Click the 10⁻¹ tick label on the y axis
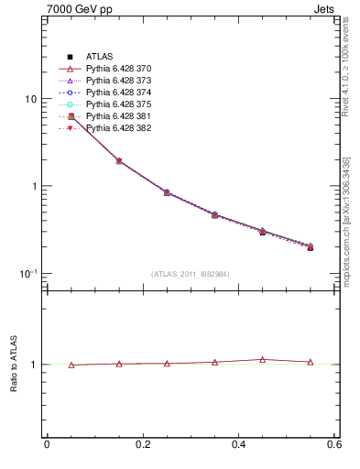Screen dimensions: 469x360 point(27,274)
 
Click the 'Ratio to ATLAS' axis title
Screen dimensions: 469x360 point(12,364)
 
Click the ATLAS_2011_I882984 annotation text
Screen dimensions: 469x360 point(191,274)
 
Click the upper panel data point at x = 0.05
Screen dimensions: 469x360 point(71,116)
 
